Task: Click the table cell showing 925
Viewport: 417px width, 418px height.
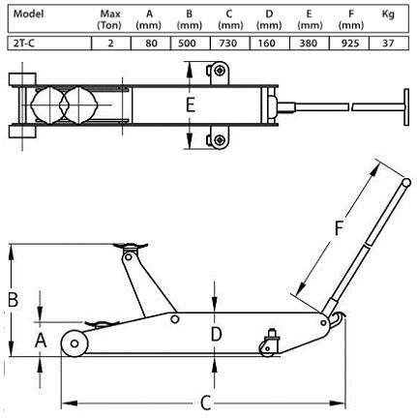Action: [x=349, y=44]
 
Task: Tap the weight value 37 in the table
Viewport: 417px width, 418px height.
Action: [x=388, y=44]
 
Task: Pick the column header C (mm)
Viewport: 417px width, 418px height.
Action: [x=229, y=19]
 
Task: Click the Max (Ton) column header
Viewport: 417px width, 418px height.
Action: [x=109, y=19]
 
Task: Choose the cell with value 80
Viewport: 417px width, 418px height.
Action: [x=151, y=44]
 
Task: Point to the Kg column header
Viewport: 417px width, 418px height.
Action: [x=388, y=14]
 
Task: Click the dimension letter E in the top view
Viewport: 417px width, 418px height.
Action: [x=191, y=104]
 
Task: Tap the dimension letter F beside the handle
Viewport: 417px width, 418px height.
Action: [x=339, y=228]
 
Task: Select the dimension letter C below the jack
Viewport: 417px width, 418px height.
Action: [x=206, y=403]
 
